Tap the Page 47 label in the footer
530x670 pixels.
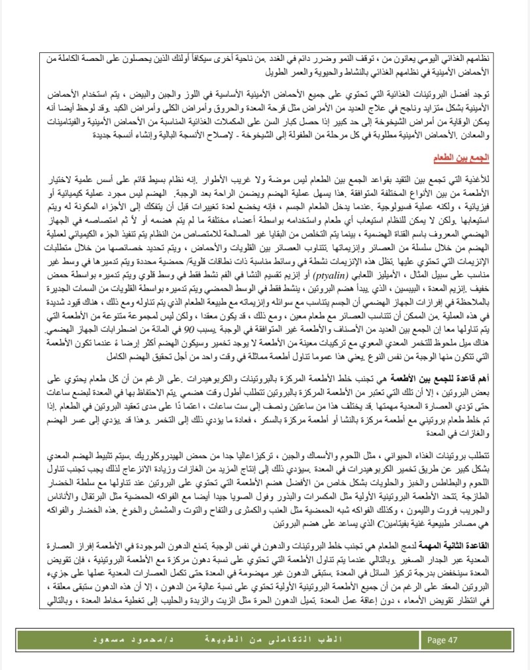pos(442,639)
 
